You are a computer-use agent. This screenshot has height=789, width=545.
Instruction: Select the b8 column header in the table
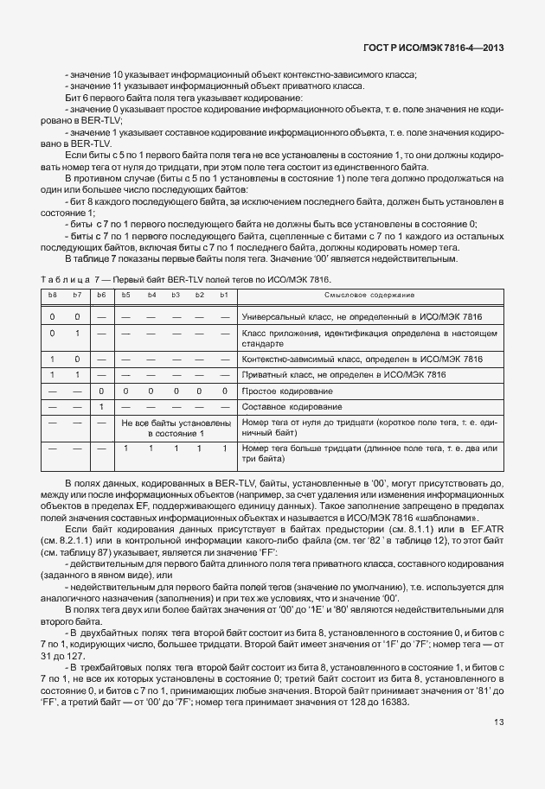52,296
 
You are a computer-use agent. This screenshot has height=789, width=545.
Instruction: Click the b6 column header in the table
101,296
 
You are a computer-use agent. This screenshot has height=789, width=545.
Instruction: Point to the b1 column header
224,296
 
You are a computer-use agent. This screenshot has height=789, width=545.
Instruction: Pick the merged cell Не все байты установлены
175,428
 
